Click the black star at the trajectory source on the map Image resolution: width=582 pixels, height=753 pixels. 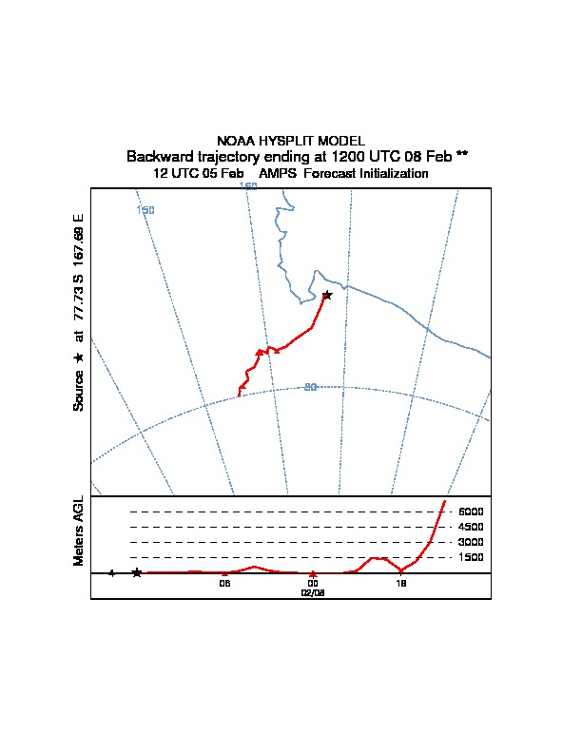click(x=327, y=296)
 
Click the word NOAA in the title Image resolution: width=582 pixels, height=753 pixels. click(x=237, y=141)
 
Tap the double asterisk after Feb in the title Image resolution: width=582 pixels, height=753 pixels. click(x=461, y=155)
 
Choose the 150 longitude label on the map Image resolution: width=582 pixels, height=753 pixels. click(x=145, y=209)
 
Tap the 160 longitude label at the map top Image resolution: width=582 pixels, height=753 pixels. click(x=248, y=186)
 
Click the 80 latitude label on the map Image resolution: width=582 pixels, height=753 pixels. click(x=310, y=387)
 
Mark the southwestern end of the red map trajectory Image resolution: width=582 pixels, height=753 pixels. click(x=239, y=395)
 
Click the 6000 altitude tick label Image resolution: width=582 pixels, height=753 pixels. click(x=471, y=512)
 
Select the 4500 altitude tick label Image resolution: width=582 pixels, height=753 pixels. click(x=471, y=527)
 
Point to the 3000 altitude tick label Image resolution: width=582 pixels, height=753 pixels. click(x=471, y=542)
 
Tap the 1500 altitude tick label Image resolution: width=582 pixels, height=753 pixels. click(x=471, y=557)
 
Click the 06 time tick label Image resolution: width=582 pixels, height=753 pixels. click(x=225, y=584)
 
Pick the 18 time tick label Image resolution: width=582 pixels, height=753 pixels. click(x=401, y=584)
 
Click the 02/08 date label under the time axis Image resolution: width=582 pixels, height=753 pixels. click(x=313, y=592)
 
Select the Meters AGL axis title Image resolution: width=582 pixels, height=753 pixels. click(x=79, y=531)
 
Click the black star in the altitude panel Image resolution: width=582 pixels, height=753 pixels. click(x=137, y=572)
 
